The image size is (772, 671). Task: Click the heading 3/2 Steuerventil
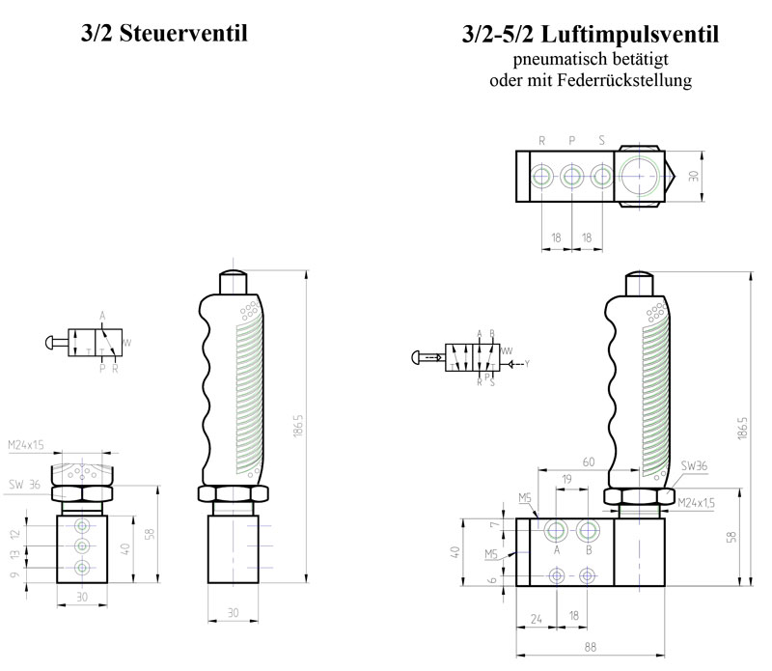point(164,34)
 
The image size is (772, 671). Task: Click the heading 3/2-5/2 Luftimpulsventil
point(591,37)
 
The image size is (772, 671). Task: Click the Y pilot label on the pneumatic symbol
point(527,364)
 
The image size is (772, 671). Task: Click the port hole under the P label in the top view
point(572,177)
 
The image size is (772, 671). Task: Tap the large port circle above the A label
point(556,530)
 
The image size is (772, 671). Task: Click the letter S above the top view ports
point(601,141)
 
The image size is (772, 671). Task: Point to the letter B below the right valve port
point(590,550)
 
